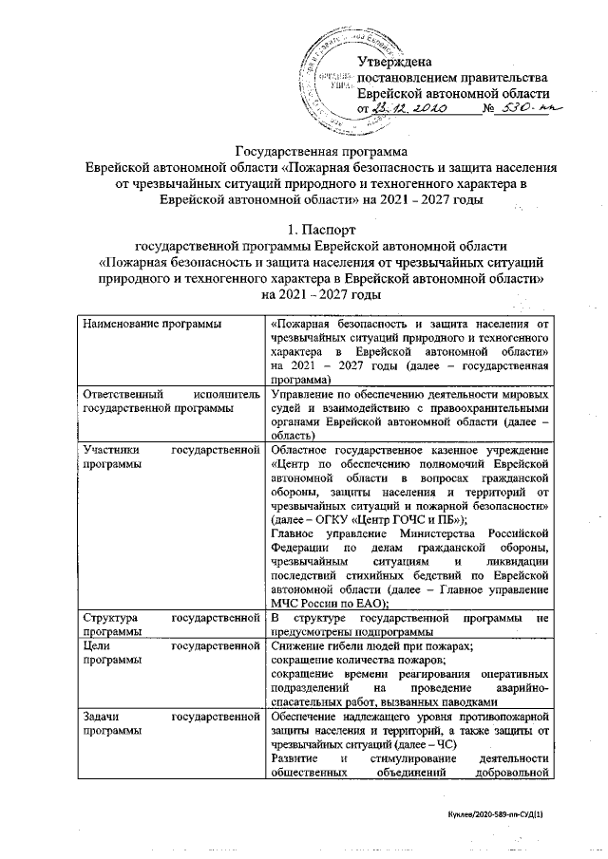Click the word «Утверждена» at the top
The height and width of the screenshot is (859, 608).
click(396, 63)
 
